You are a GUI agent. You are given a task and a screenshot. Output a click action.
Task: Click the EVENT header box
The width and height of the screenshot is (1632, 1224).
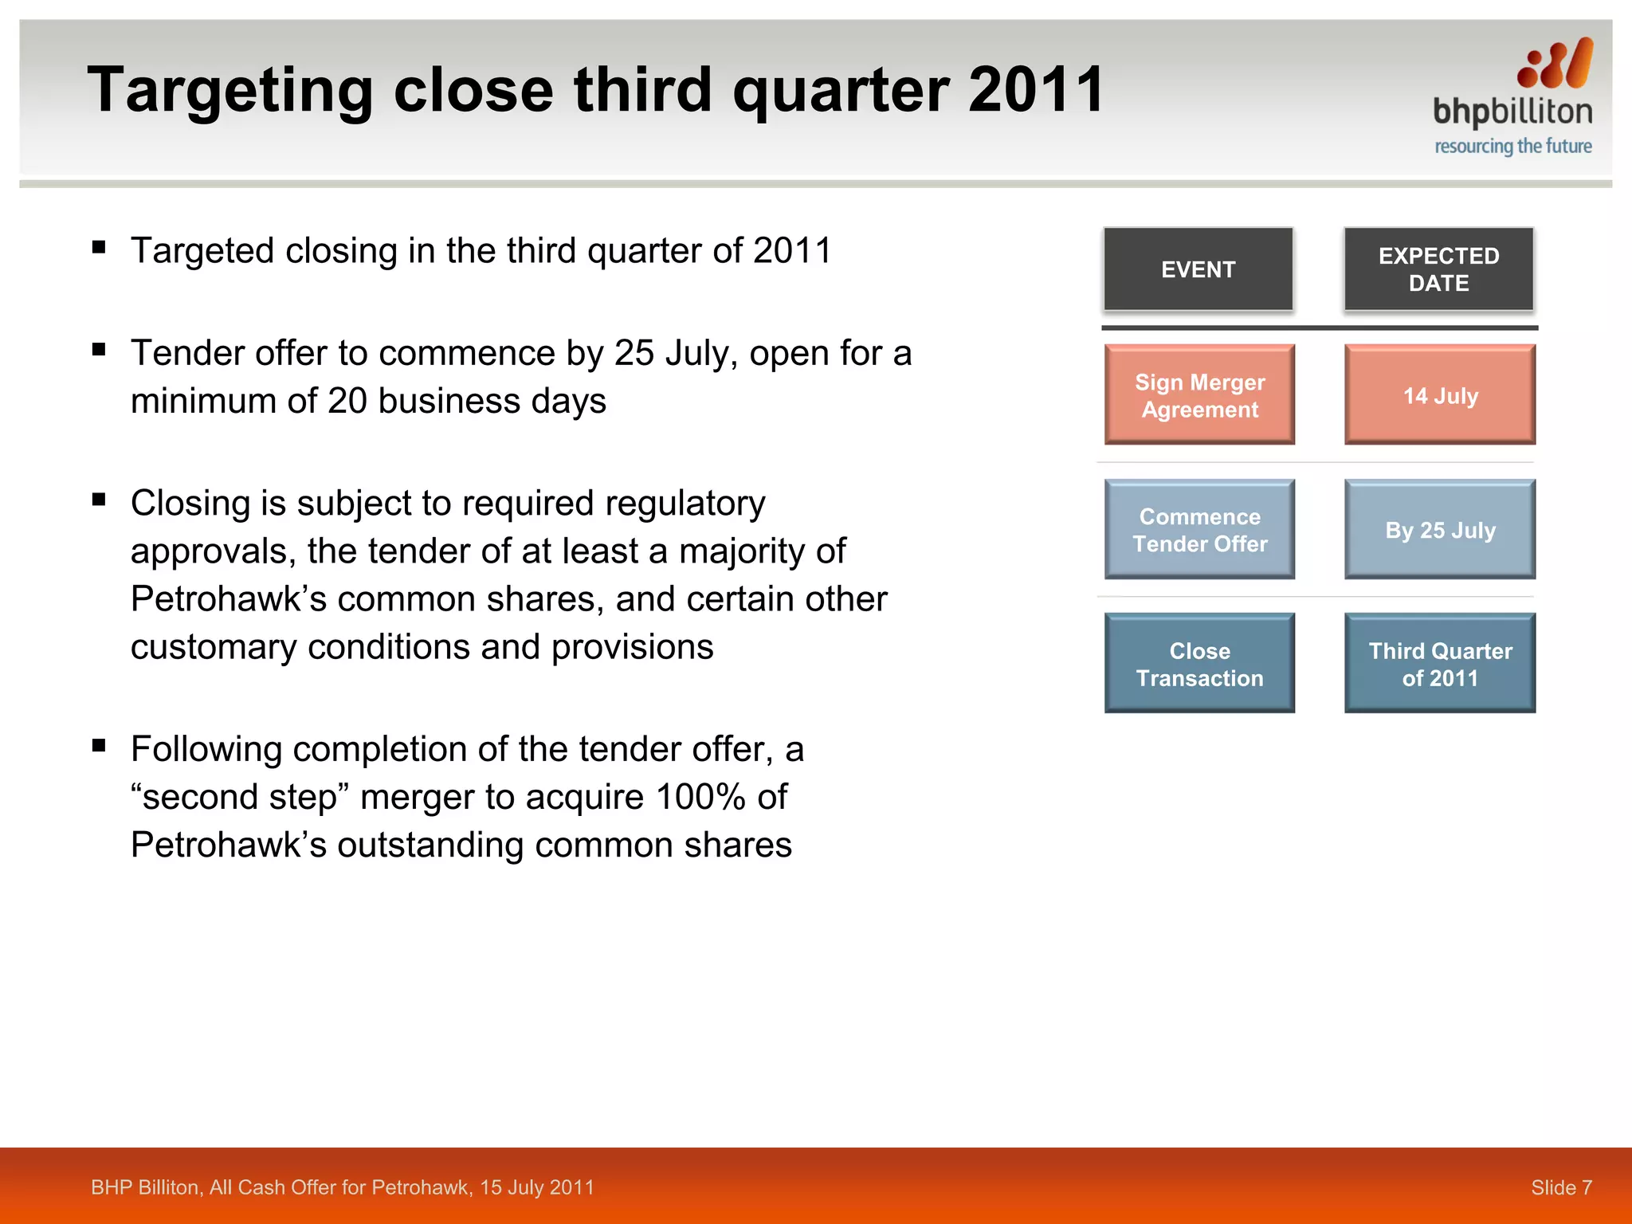(x=1198, y=269)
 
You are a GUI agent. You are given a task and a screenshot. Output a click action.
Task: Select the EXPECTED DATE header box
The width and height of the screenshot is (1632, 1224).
(x=1438, y=269)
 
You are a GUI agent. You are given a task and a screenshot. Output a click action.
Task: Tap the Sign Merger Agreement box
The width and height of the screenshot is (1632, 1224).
(x=1199, y=395)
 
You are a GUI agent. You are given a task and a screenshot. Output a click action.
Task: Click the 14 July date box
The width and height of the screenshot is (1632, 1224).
(x=1440, y=395)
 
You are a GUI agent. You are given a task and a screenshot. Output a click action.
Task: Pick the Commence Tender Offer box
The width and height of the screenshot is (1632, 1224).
(x=1199, y=530)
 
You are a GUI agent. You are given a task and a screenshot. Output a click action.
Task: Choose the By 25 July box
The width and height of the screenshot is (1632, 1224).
(x=1440, y=530)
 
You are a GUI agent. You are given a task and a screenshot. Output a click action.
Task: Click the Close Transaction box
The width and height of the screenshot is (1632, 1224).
(x=1199, y=664)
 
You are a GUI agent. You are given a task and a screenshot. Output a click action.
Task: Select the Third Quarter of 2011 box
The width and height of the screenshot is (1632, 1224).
(x=1440, y=664)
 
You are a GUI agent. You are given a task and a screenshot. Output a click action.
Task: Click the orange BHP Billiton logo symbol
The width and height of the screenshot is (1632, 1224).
(x=1555, y=64)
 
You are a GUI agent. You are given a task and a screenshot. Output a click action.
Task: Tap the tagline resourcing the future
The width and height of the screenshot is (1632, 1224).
(x=1512, y=147)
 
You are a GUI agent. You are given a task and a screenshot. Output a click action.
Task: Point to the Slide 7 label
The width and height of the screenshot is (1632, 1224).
(x=1561, y=1187)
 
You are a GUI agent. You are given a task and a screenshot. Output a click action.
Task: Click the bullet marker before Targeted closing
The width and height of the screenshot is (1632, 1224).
(x=99, y=247)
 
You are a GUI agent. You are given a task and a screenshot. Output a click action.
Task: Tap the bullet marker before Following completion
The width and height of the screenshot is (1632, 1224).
(x=99, y=746)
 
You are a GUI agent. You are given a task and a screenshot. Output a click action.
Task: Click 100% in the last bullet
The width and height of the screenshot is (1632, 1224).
(x=700, y=797)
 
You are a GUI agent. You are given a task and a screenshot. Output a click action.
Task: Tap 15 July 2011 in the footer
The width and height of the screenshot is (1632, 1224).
(x=536, y=1187)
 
